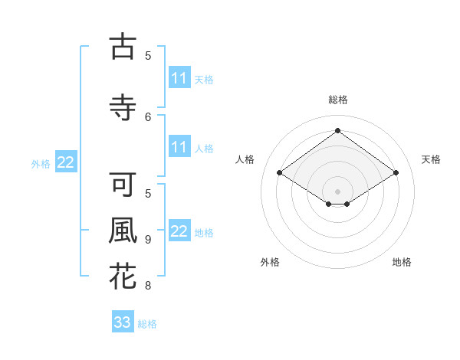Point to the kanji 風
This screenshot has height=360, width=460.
pos(123,231)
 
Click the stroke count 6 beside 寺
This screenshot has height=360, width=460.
pos(149,116)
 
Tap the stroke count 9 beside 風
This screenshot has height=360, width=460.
pos(148,240)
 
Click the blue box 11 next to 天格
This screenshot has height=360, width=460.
pos(179,78)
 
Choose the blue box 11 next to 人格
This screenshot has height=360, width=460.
pos(179,147)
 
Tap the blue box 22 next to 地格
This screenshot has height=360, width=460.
pos(179,231)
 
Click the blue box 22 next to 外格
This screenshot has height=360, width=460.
pos(66,162)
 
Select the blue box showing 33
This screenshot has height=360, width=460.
pos(123,322)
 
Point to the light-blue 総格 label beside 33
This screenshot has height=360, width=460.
pos(147,324)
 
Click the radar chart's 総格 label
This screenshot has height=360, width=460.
pos(337,100)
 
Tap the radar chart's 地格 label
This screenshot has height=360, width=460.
pos(402,262)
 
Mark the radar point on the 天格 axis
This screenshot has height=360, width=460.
pos(396,173)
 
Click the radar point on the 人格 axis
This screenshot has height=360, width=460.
pos(279,173)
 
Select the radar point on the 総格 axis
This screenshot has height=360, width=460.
pos(337,131)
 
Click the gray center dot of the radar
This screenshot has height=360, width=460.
pos(337,191)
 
